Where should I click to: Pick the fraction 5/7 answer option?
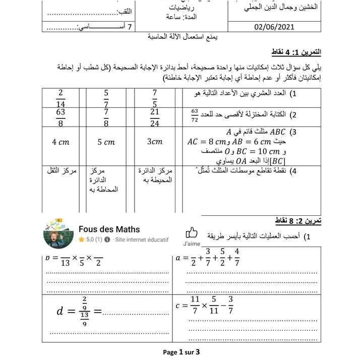click(x=106, y=97)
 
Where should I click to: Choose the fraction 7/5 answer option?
click(x=155, y=97)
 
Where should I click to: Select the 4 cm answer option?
click(x=61, y=142)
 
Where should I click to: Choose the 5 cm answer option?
click(x=106, y=142)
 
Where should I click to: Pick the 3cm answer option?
click(x=155, y=142)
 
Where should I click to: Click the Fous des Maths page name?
click(x=109, y=229)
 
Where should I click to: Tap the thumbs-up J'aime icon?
click(x=192, y=233)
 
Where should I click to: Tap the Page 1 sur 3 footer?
click(x=181, y=352)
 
